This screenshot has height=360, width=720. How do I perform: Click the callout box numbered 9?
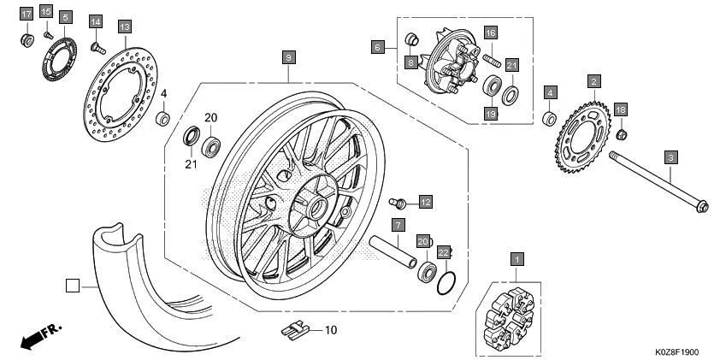(289, 57)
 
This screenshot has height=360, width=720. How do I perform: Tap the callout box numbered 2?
(593, 81)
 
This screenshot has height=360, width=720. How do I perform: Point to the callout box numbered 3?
(671, 156)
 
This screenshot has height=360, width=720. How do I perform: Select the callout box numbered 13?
(125, 27)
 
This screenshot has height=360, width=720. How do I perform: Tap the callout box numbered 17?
(26, 14)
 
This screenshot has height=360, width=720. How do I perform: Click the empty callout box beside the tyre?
(73, 285)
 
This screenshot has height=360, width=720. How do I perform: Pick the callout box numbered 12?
(425, 202)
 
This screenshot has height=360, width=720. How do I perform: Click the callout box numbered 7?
(398, 226)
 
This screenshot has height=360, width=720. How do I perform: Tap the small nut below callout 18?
(623, 133)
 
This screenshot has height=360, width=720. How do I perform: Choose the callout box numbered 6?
(377, 48)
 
